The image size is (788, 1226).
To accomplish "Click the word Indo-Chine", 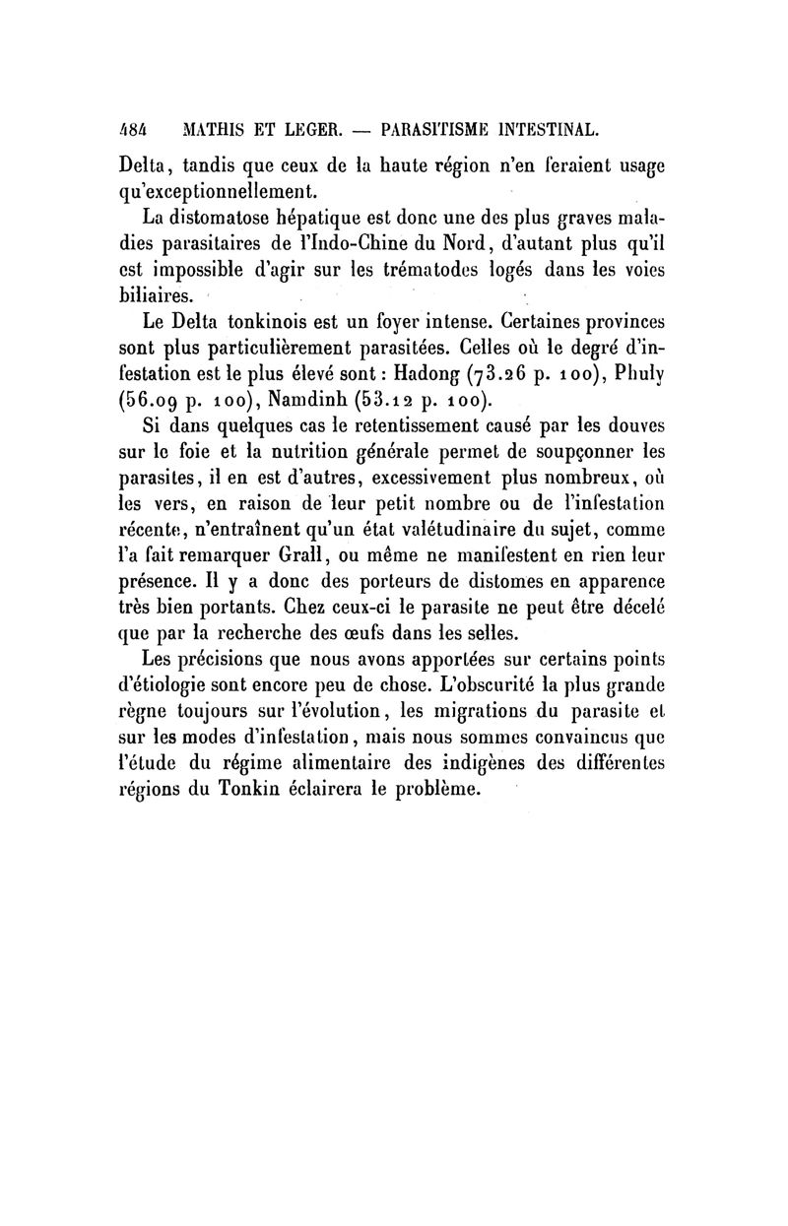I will (x=350, y=239).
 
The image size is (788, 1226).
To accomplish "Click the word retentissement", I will (x=366, y=428).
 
